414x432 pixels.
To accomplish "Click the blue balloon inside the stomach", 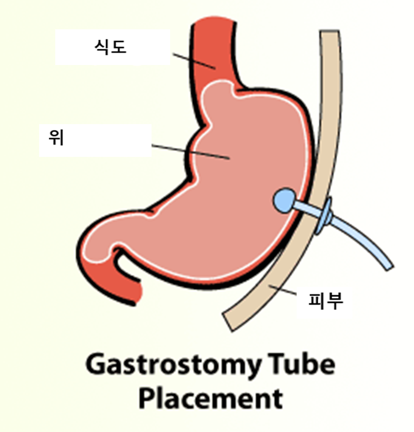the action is click(283, 199).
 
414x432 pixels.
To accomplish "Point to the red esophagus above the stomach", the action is click(215, 54).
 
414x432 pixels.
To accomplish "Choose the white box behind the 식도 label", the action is click(78, 47).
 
